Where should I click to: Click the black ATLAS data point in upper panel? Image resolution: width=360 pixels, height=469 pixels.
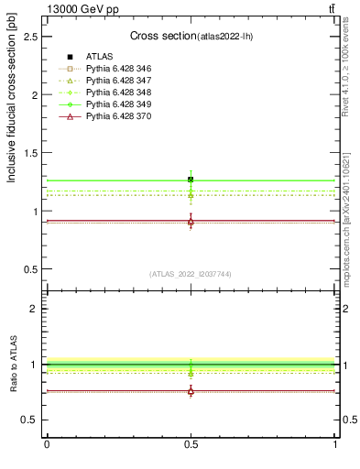tap(191, 180)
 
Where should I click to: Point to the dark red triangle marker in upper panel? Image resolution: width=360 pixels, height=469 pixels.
tap(191, 222)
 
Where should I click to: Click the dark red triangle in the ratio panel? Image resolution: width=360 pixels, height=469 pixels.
tap(191, 391)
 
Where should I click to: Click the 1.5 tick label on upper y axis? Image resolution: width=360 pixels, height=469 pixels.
tap(31, 153)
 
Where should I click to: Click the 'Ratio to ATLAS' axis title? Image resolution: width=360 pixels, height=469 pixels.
tap(13, 365)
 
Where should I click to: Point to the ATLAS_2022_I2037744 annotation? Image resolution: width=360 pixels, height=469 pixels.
tap(191, 274)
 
